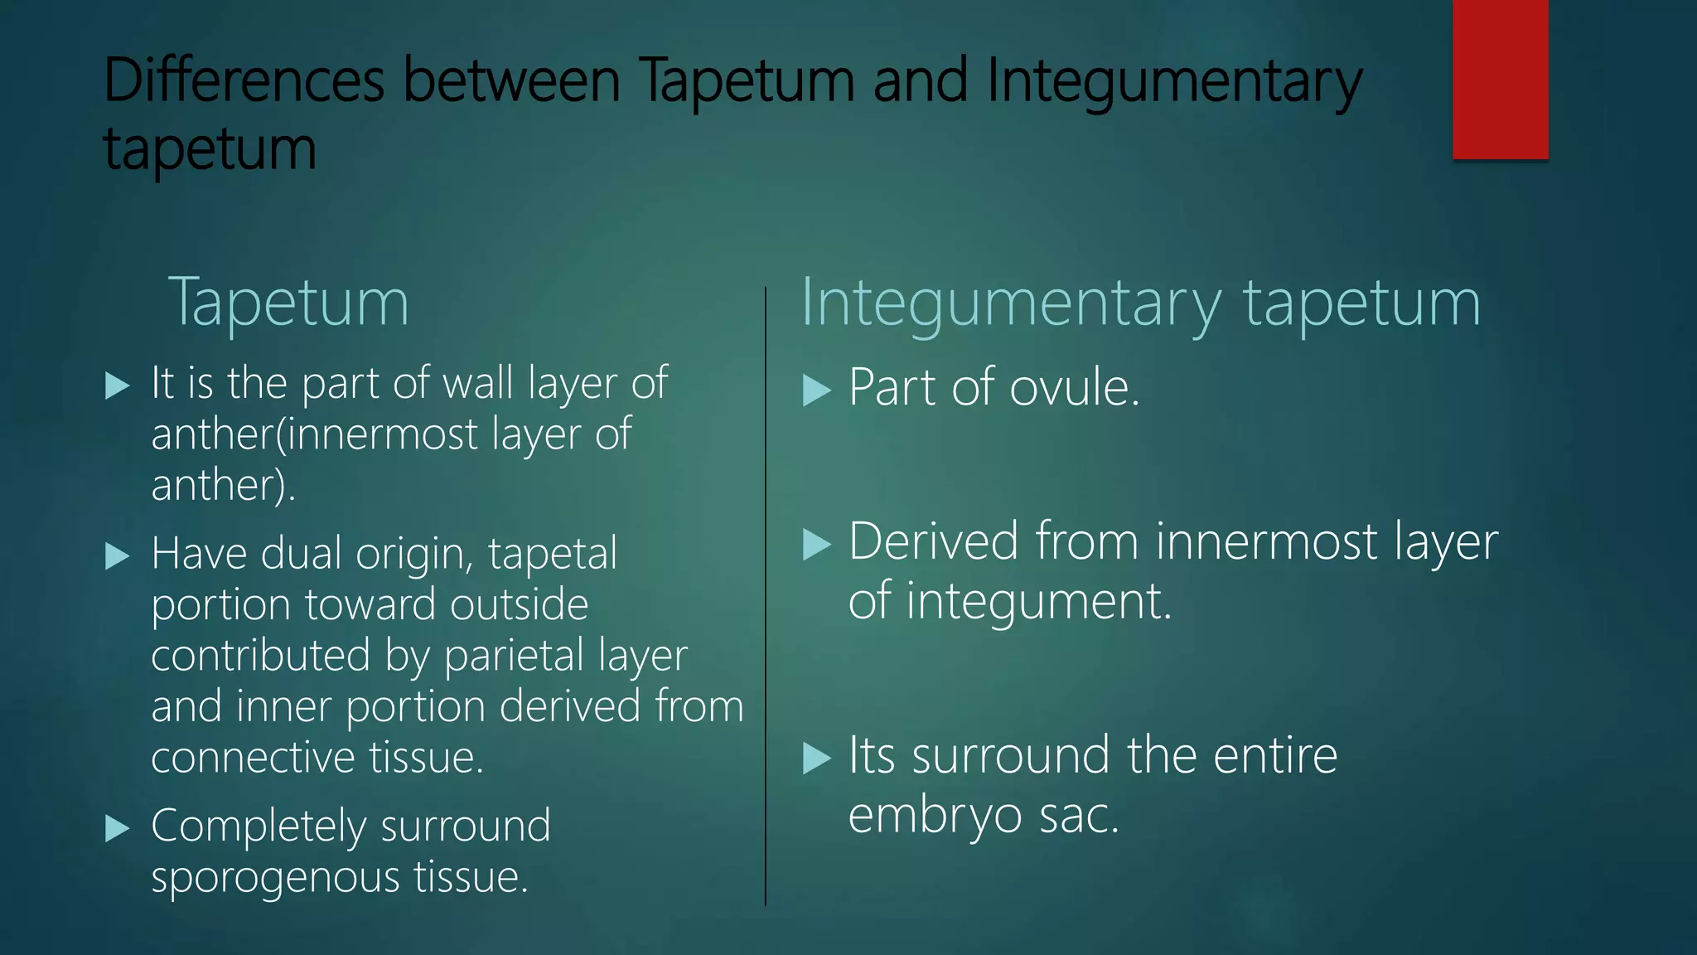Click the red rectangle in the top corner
[1500, 80]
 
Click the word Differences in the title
[244, 80]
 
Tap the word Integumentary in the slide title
[1174, 82]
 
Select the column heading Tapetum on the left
[288, 303]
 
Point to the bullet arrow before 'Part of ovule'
[816, 390]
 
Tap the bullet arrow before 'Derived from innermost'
[816, 545]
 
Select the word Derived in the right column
[934, 541]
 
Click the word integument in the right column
[1038, 600]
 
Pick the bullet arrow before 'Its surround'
[816, 758]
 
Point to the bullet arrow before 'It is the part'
[118, 385]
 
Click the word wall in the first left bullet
[480, 383]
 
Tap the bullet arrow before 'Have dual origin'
[118, 555]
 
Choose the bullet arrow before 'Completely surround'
[118, 828]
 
